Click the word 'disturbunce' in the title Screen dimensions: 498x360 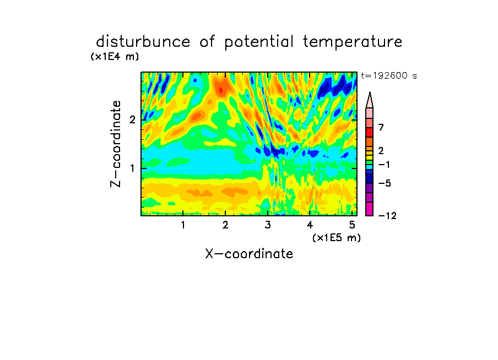tap(143, 42)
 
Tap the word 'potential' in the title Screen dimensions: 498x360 tap(259, 42)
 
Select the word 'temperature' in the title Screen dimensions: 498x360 tap(353, 42)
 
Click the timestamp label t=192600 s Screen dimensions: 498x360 tap(389, 76)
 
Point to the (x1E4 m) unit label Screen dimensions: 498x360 tap(115, 57)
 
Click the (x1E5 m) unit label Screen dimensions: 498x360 tap(337, 237)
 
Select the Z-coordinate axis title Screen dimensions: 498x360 tap(116, 144)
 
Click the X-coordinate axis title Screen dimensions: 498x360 tap(249, 254)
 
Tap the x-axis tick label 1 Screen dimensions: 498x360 tap(183, 225)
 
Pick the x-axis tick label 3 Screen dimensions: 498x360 tap(268, 225)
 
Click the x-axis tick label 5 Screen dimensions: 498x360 tap(352, 225)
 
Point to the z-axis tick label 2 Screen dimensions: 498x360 tap(132, 119)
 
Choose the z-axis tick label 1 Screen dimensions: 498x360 tap(132, 168)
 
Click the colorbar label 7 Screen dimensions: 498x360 tap(381, 127)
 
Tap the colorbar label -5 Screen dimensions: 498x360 tap(385, 183)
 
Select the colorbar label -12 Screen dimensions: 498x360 tap(387, 216)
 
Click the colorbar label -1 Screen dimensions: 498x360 tap(384, 165)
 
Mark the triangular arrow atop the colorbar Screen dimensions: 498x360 tap(370, 100)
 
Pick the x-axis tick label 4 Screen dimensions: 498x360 tap(310, 225)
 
